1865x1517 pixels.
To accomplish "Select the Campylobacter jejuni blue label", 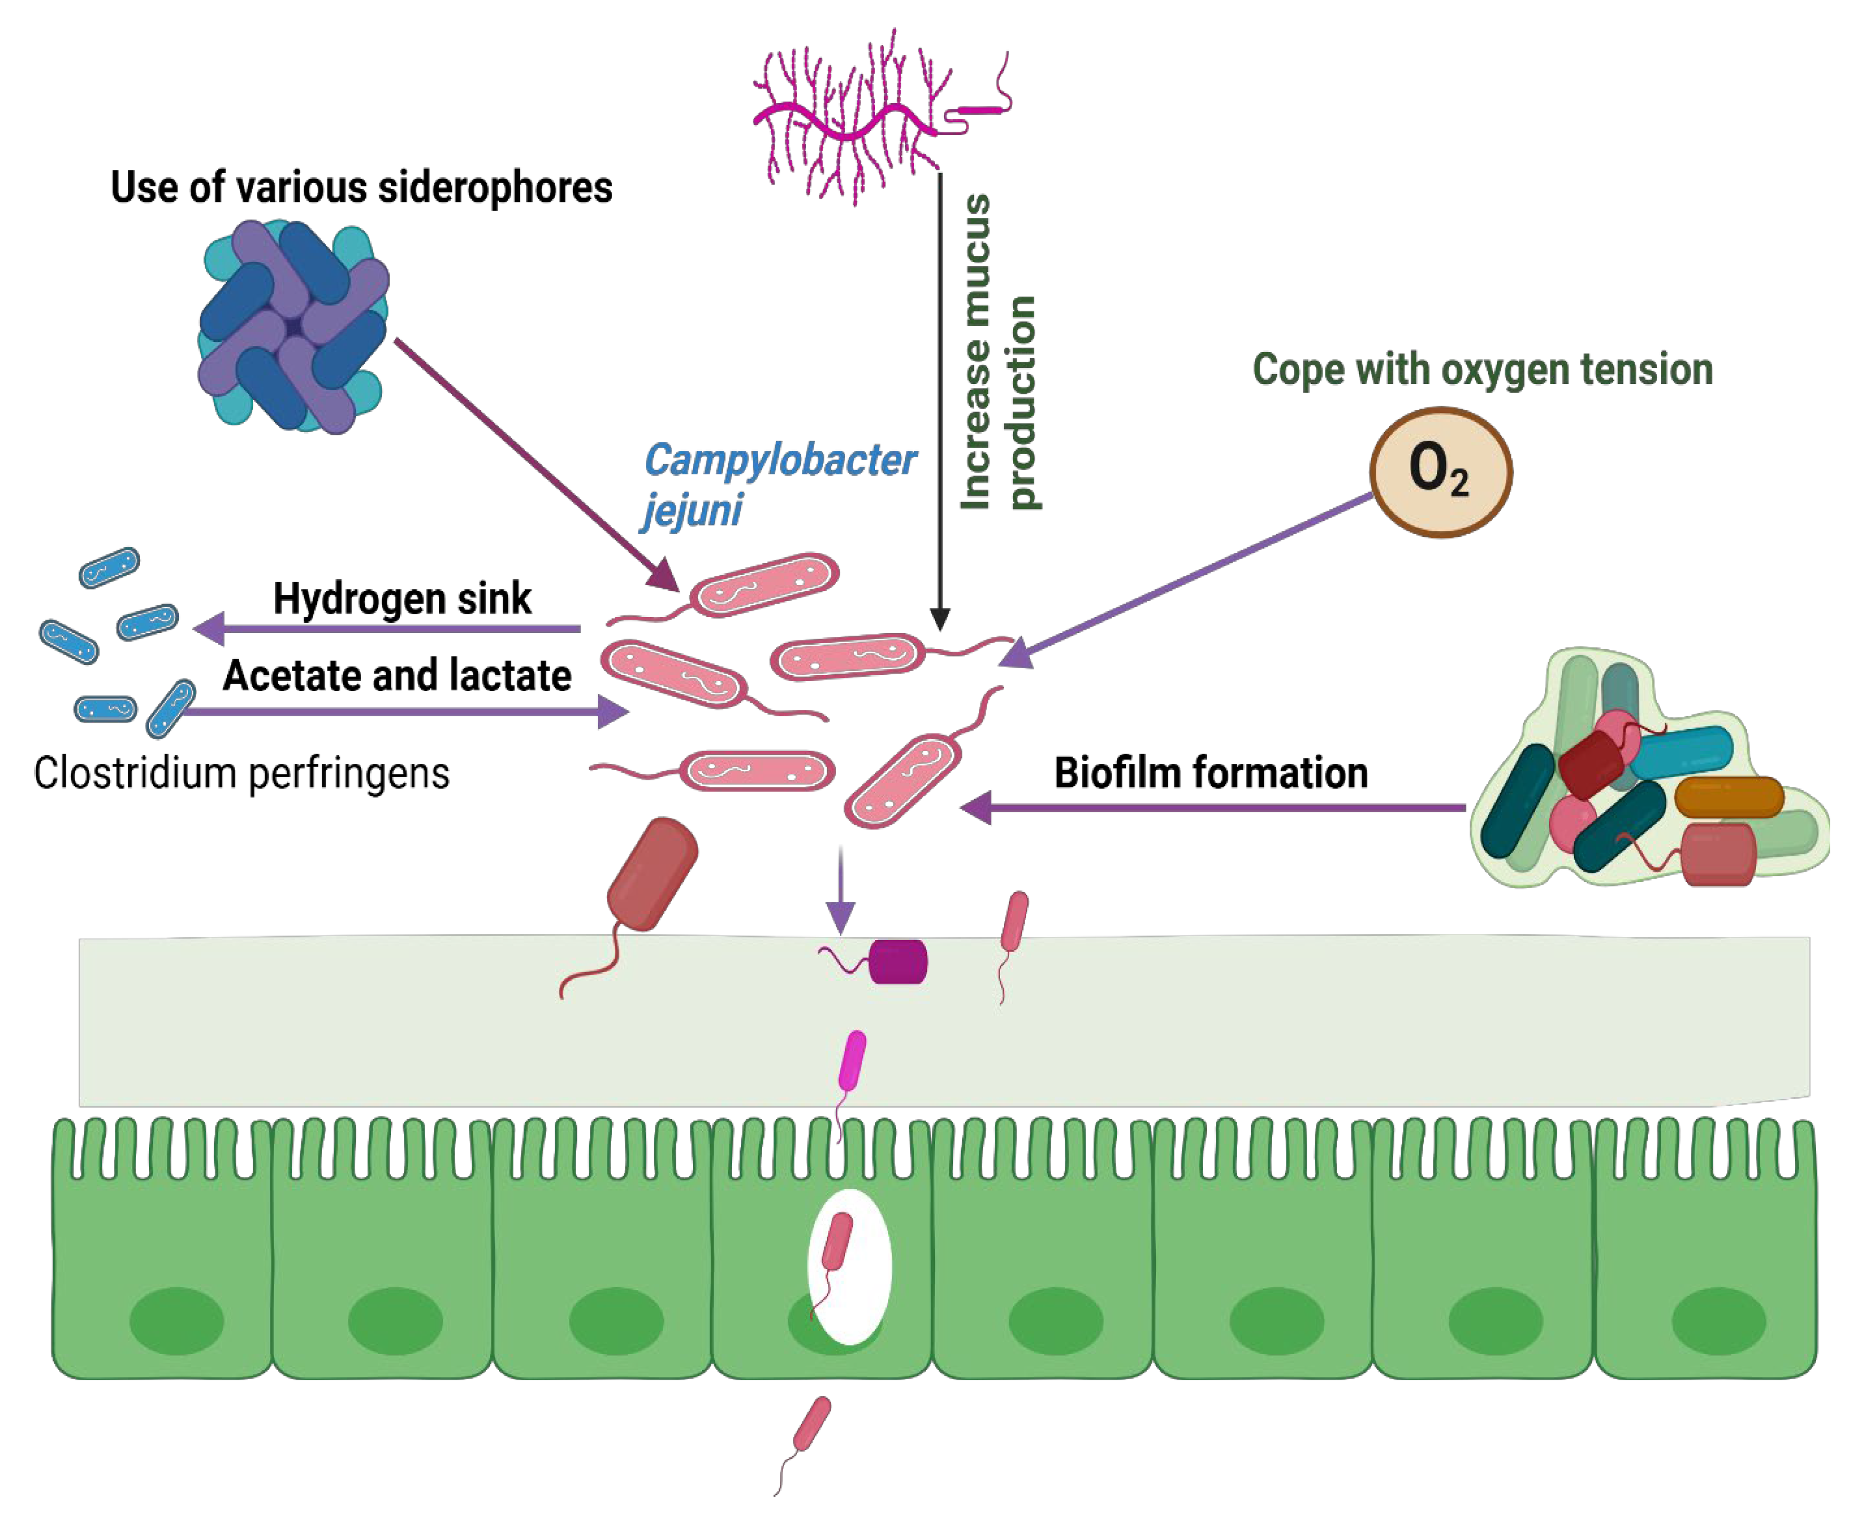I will click(778, 483).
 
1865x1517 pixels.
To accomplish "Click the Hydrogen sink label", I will click(402, 599).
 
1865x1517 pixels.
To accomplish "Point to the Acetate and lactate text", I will click(397, 676).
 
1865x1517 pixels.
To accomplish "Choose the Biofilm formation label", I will click(1211, 772).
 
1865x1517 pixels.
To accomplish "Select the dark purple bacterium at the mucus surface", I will click(898, 962).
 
